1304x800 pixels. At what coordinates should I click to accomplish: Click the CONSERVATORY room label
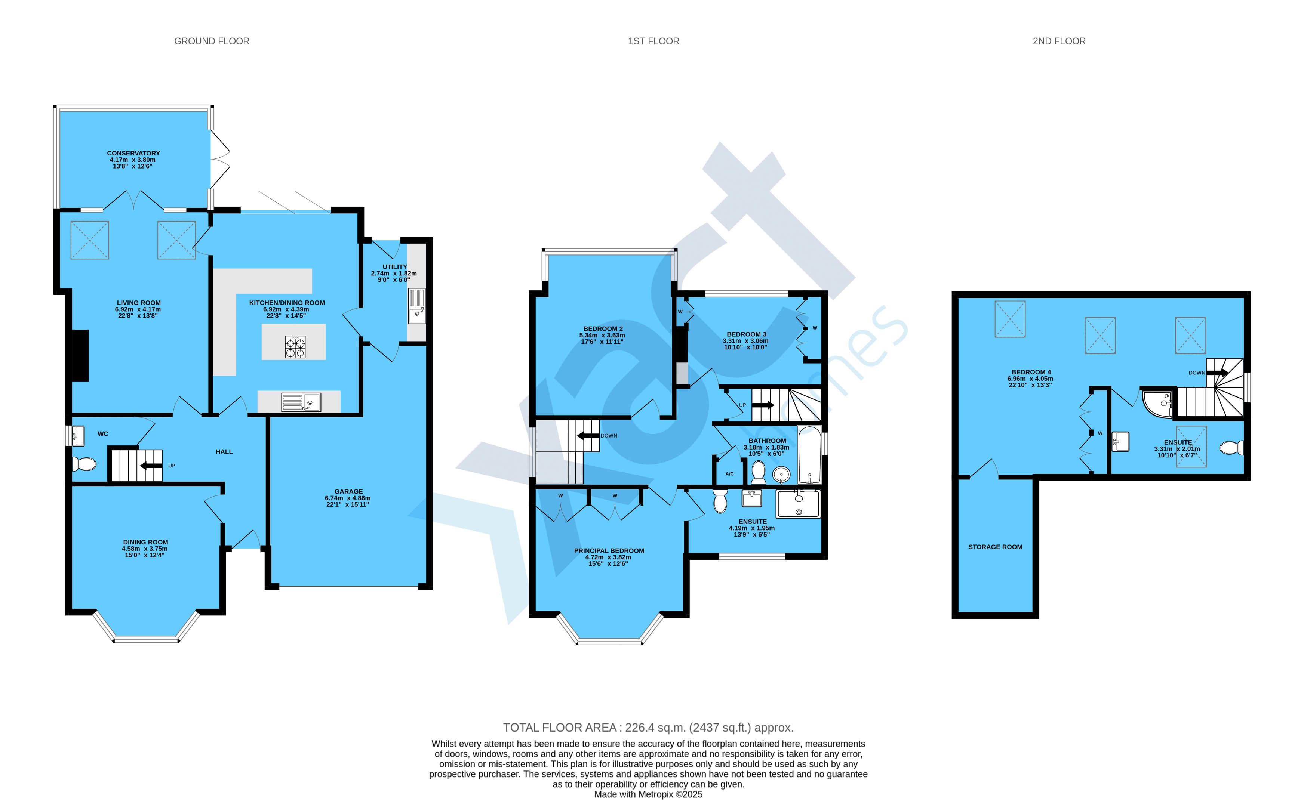(133, 154)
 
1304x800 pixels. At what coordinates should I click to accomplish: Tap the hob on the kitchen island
(295, 347)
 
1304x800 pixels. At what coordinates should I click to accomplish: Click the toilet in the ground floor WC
(84, 464)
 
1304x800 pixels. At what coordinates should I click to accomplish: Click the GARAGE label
(348, 491)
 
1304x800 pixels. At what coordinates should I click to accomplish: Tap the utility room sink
(416, 305)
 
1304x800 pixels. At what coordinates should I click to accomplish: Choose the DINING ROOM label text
(145, 542)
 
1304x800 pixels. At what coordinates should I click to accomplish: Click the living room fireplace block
(80, 356)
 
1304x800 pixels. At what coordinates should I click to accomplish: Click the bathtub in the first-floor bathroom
(810, 455)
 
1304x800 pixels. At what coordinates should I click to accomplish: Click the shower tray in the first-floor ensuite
(798, 504)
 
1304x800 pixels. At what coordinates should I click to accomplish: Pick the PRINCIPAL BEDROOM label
(609, 551)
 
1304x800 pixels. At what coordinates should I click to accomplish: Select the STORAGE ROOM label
(995, 547)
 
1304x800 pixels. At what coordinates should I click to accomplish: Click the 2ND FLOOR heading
(1059, 41)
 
